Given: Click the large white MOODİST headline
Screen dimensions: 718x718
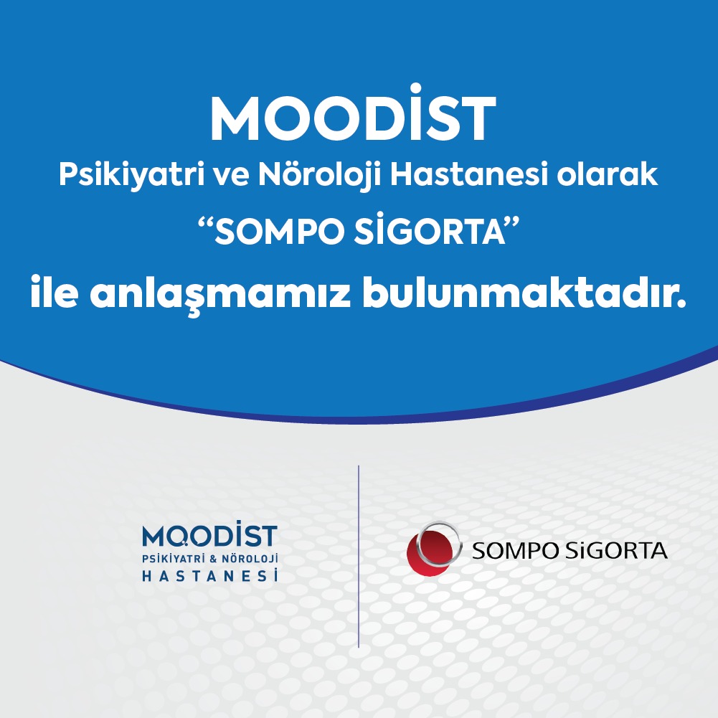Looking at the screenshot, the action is [353, 113].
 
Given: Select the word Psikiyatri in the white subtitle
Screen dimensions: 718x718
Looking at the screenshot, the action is [131, 176].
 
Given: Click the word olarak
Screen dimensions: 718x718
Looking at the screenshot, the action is [608, 174].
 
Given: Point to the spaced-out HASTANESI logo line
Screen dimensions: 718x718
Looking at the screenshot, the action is [209, 575].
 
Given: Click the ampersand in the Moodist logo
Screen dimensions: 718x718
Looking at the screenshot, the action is [212, 559].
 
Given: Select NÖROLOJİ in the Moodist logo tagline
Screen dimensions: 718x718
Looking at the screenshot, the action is [250, 559].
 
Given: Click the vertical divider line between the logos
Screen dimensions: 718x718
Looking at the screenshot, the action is [359, 557].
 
